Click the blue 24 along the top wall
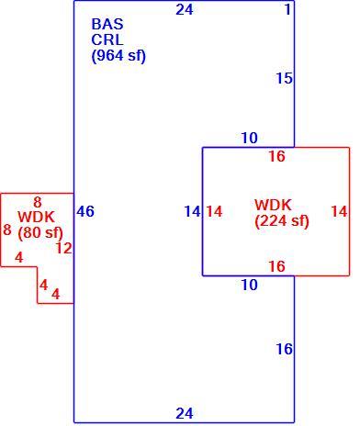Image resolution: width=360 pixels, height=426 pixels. (185, 9)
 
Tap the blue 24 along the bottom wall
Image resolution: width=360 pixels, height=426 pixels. (185, 413)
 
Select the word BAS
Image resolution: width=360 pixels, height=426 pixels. (107, 24)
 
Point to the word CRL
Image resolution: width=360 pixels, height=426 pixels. (107, 39)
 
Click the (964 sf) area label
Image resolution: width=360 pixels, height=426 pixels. (118, 56)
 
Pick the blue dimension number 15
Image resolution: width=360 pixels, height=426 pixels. (285, 78)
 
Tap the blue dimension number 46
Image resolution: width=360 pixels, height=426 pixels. (85, 211)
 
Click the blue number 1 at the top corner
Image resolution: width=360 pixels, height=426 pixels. (287, 9)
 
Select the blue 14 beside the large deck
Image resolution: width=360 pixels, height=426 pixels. (192, 211)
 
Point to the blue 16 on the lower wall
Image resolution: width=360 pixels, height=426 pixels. (285, 349)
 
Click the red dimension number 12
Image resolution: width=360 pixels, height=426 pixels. (64, 248)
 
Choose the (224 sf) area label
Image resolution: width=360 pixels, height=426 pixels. (282, 221)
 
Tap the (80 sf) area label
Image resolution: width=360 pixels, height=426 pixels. (40, 233)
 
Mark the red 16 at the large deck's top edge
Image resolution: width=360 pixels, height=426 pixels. (276, 156)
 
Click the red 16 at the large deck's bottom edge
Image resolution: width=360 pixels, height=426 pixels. (276, 266)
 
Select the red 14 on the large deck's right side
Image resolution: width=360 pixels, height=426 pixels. (339, 211)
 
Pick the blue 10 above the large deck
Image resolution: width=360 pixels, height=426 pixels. (250, 138)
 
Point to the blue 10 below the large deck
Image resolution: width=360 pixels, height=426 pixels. (250, 285)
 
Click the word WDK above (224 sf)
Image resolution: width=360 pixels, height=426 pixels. (273, 205)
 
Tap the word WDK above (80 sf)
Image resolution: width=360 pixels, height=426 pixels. (37, 218)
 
